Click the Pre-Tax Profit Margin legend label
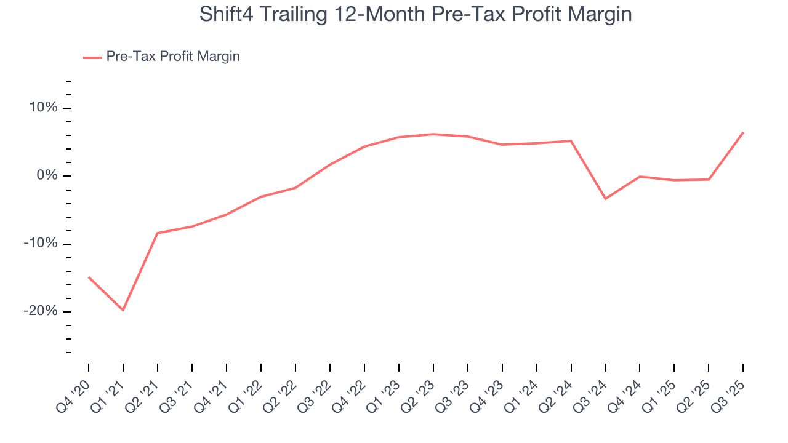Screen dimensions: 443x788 [173, 57]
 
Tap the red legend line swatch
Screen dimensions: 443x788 [92, 57]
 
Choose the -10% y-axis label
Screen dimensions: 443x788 [41, 244]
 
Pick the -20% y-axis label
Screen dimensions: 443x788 [41, 311]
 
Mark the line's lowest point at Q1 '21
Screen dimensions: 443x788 [123, 310]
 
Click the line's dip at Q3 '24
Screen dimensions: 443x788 [606, 199]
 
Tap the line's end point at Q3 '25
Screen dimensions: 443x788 [743, 132]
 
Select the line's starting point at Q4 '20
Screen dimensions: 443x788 [89, 277]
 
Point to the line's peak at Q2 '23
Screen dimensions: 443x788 [433, 134]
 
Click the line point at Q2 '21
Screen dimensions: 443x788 [158, 233]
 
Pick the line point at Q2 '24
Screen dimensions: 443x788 [571, 141]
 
